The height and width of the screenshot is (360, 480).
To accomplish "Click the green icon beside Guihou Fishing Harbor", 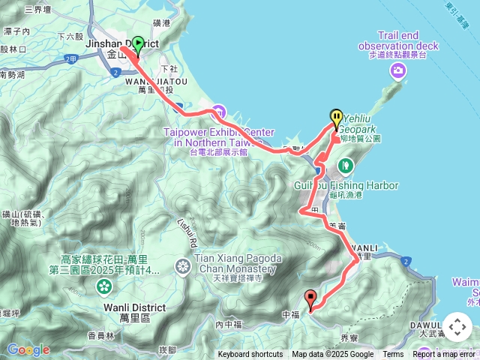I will click(x=346, y=164).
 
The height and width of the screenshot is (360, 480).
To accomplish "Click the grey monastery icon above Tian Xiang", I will click(x=183, y=266).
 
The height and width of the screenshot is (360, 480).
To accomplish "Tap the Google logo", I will click(x=28, y=349).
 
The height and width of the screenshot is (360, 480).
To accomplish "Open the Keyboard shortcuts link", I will click(x=250, y=355).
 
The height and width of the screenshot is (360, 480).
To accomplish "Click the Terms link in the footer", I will click(x=393, y=355).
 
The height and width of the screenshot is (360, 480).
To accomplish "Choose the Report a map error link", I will click(x=445, y=355).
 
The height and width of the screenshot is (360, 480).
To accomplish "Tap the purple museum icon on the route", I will click(x=218, y=113).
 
